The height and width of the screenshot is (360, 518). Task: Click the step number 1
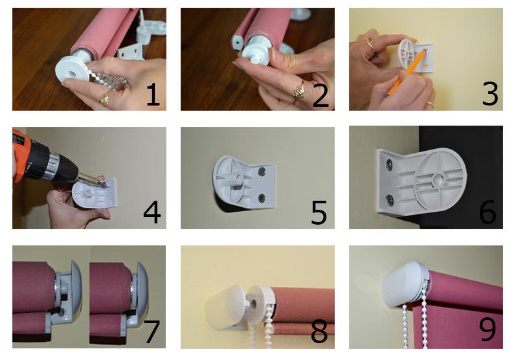coord(153,95)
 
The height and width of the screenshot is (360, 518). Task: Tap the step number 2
coord(321,95)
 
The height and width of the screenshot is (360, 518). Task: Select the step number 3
coord(490,94)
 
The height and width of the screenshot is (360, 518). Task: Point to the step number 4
coord(152,212)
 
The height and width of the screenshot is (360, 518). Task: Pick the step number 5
coord(319,212)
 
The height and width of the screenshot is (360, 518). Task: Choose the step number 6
coord(488,212)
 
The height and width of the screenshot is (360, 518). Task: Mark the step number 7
coord(152,332)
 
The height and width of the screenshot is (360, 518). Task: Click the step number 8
coord(319,331)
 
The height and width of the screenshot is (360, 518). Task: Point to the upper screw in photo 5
coord(262,171)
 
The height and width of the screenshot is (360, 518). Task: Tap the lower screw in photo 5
coord(262,198)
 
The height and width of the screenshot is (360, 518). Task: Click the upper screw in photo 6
coord(389,164)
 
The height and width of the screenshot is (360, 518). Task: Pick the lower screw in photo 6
coord(390,199)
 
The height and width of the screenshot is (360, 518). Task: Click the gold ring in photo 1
coord(106,98)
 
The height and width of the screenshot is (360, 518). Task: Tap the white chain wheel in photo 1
coord(72,70)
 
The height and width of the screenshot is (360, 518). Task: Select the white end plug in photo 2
coord(256,53)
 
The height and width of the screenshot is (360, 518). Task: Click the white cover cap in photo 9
coord(403,285)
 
